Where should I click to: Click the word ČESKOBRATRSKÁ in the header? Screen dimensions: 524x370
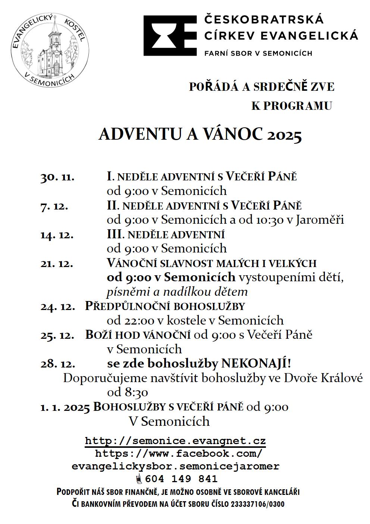pyautogui.click(x=264, y=19)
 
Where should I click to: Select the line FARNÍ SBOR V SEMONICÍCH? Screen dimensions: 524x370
pyautogui.click(x=258, y=53)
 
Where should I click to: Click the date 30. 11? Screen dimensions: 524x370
pyautogui.click(x=57, y=177)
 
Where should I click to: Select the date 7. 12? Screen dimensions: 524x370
pyautogui.click(x=54, y=206)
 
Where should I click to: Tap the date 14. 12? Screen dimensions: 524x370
pyautogui.click(x=57, y=235)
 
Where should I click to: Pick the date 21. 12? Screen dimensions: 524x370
pyautogui.click(x=57, y=264)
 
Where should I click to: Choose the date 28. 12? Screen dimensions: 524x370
pyautogui.click(x=57, y=364)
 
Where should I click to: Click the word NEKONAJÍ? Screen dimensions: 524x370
pyautogui.click(x=256, y=363)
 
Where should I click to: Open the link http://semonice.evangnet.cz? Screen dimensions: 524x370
pyautogui.click(x=175, y=441)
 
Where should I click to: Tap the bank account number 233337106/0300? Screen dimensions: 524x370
pyautogui.click(x=258, y=504)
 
